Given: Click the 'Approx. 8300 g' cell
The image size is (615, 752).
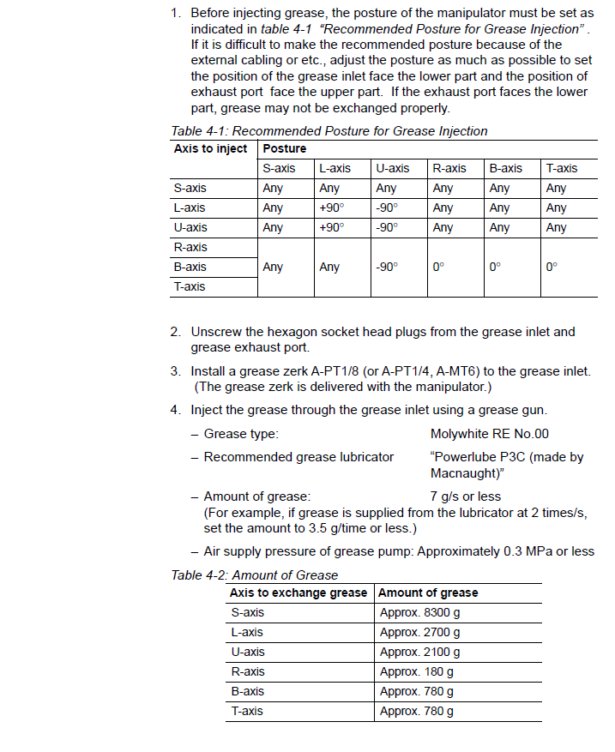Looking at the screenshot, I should coord(419,612).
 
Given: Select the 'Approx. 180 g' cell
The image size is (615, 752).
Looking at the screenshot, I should coord(416,671).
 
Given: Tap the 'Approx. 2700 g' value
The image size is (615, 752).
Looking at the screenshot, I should coord(419,632).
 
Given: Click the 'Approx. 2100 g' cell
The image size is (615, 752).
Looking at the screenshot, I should coord(419,652).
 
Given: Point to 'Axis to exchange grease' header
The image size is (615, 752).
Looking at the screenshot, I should coord(298,593).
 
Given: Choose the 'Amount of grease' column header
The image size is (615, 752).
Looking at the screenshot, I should coord(428,593).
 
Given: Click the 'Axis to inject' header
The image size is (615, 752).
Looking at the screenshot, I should coord(210,148).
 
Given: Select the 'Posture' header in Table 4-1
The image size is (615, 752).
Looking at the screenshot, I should coord(284,148).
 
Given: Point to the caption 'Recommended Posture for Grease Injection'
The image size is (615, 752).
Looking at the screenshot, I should coord(360,131).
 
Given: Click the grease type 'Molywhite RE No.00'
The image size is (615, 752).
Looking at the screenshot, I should coord(489,434).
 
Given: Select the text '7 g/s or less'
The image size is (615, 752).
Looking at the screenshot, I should coord(465,496).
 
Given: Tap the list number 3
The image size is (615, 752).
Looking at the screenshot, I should coord(174,371).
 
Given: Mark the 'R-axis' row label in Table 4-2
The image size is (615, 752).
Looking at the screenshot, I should coord(247,671).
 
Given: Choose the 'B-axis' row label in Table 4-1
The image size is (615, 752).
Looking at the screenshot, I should coord(190,267).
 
